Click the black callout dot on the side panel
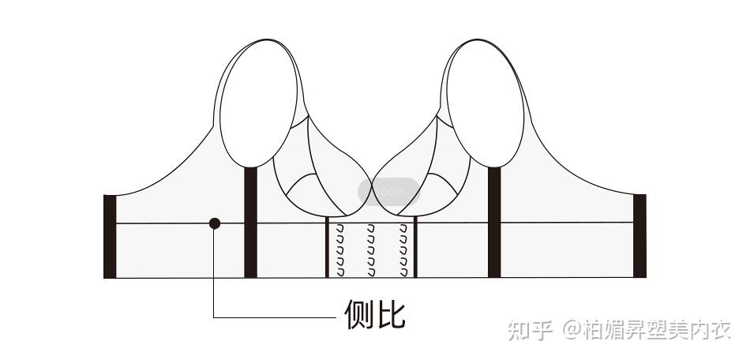[x=215, y=223]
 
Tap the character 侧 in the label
[x=359, y=315]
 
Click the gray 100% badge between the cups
[x=388, y=191]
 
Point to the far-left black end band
[x=110, y=235]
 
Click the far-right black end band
[x=639, y=235]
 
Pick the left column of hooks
[x=340, y=250]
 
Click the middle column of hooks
[x=370, y=250]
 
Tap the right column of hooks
[x=403, y=250]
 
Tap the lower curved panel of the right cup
[x=434, y=193]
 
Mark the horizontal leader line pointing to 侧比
[x=276, y=317]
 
